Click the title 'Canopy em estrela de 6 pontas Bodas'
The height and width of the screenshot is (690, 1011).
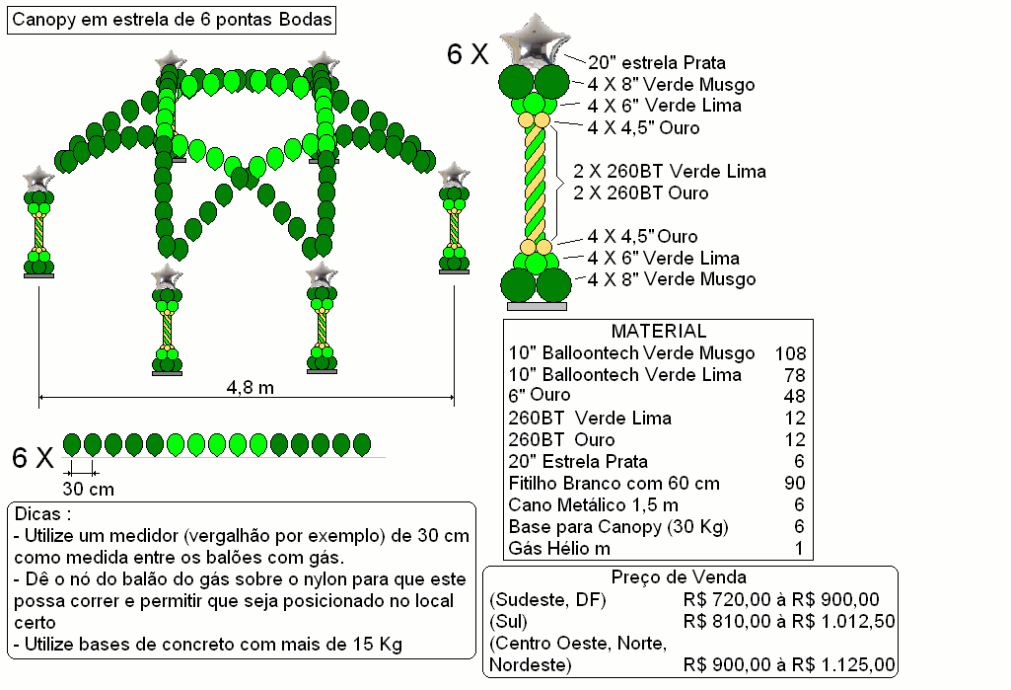coord(172,20)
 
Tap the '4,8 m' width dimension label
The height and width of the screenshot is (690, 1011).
coord(251,387)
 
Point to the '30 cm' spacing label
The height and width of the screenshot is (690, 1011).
coord(89,489)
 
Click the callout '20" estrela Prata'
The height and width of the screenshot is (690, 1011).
coord(656,62)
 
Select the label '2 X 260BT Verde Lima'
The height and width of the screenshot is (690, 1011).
coord(670,171)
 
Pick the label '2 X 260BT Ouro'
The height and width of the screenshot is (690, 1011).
coord(641,193)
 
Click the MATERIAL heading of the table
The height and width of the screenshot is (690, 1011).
coord(658,331)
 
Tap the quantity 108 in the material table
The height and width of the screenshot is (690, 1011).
coord(790,353)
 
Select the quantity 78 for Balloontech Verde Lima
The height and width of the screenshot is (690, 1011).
coord(795,375)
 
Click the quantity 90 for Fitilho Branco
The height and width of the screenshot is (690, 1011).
coord(795,483)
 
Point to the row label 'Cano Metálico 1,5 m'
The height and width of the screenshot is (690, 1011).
coord(593,504)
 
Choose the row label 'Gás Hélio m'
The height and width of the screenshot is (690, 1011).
coord(559,549)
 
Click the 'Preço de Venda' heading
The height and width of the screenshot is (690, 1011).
coord(679,577)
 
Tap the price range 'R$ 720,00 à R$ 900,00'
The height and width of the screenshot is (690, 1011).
coord(781,599)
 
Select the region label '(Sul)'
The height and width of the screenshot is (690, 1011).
coord(509,622)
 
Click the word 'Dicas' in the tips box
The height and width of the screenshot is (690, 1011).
coord(37,513)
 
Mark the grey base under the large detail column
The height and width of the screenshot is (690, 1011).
coord(537,307)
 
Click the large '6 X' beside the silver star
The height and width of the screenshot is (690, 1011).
coord(468,54)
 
